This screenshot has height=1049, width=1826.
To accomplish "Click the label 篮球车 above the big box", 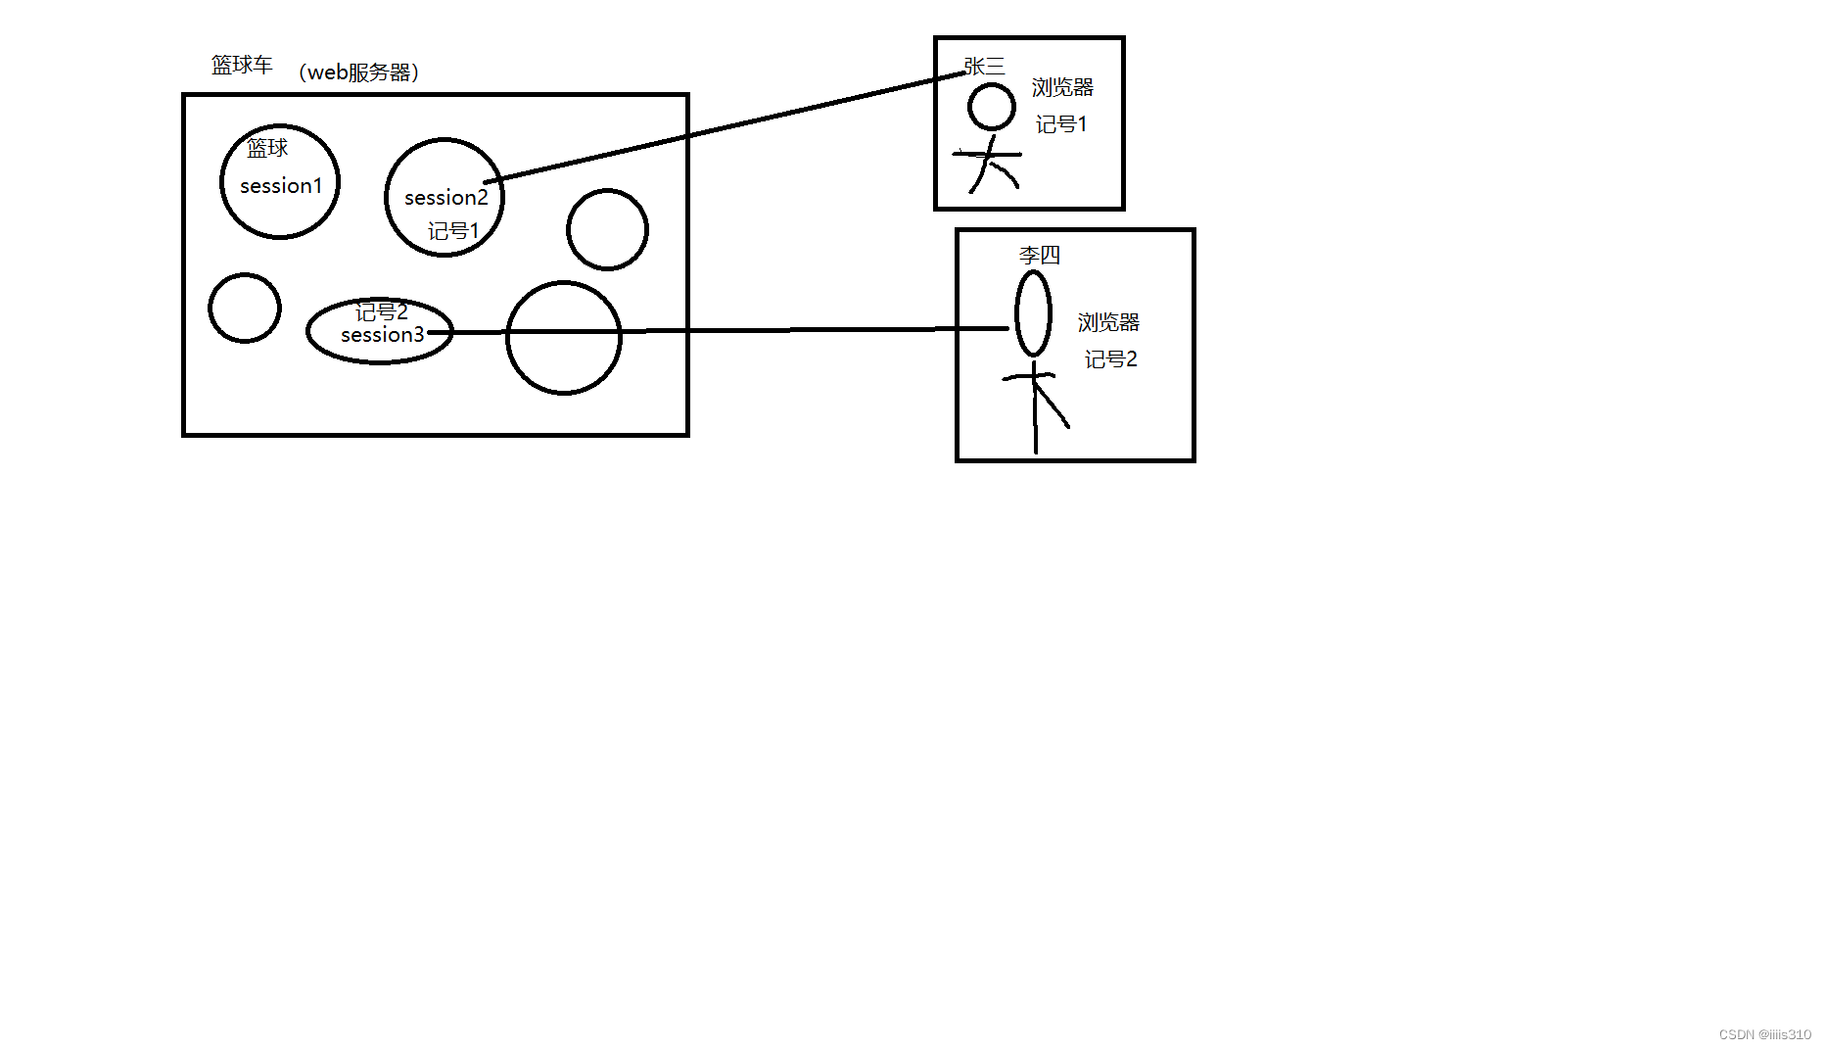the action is click(x=242, y=66).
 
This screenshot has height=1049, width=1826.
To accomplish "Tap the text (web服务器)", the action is click(x=358, y=72).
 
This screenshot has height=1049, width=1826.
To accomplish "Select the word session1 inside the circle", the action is click(x=281, y=186).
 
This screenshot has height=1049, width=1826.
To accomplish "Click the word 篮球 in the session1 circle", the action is click(x=267, y=149).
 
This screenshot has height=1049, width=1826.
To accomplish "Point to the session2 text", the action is click(x=445, y=198).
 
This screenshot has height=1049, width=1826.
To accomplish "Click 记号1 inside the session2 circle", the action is click(x=453, y=231).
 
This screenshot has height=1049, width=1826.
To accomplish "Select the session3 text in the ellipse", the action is click(x=382, y=335).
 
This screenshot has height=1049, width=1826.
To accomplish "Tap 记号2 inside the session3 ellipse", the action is click(x=381, y=312).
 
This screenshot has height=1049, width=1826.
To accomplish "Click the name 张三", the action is click(x=984, y=67).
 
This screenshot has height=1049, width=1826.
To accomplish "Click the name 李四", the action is click(x=1039, y=256).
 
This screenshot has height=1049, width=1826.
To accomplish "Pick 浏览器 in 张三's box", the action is click(x=1062, y=88).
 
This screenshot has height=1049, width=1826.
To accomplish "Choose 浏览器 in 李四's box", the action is click(x=1108, y=322).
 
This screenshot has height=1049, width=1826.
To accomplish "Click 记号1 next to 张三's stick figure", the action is click(x=1061, y=124).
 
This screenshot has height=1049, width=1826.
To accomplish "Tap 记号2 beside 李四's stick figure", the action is click(x=1110, y=359).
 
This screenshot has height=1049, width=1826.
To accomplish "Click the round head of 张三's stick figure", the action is click(x=991, y=107).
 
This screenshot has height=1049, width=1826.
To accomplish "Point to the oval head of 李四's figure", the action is click(x=1033, y=313).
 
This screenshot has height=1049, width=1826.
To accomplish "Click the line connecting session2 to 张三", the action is click(x=725, y=128).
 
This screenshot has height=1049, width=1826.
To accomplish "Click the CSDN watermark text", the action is click(x=1764, y=1034).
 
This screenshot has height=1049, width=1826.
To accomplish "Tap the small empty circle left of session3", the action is click(x=245, y=309).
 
